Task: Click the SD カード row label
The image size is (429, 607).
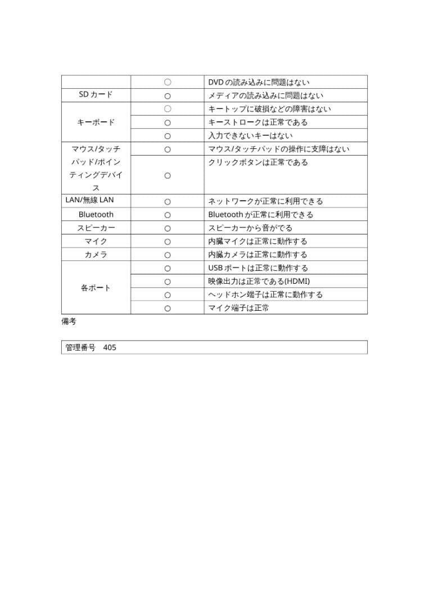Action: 96,95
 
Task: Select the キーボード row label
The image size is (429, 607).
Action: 96,122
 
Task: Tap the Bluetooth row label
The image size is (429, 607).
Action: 96,215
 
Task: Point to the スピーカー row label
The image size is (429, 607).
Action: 96,228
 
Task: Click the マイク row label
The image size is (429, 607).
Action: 96,241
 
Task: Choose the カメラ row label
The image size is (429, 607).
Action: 96,255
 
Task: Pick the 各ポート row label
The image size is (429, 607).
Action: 96,288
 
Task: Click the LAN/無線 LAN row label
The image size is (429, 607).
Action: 89,200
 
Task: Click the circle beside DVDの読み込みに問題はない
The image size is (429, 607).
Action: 168,82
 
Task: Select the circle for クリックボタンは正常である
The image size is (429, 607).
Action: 168,176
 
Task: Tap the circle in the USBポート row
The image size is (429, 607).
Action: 168,268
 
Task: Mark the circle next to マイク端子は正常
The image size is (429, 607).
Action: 168,308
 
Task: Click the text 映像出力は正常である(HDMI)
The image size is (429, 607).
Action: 259,281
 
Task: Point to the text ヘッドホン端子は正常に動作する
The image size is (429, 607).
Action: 265,295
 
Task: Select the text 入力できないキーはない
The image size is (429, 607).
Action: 250,135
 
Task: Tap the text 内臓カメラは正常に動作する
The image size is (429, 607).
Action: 258,255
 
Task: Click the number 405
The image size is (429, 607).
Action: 110,347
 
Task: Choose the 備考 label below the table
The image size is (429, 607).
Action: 69,321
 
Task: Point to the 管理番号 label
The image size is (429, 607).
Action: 80,347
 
